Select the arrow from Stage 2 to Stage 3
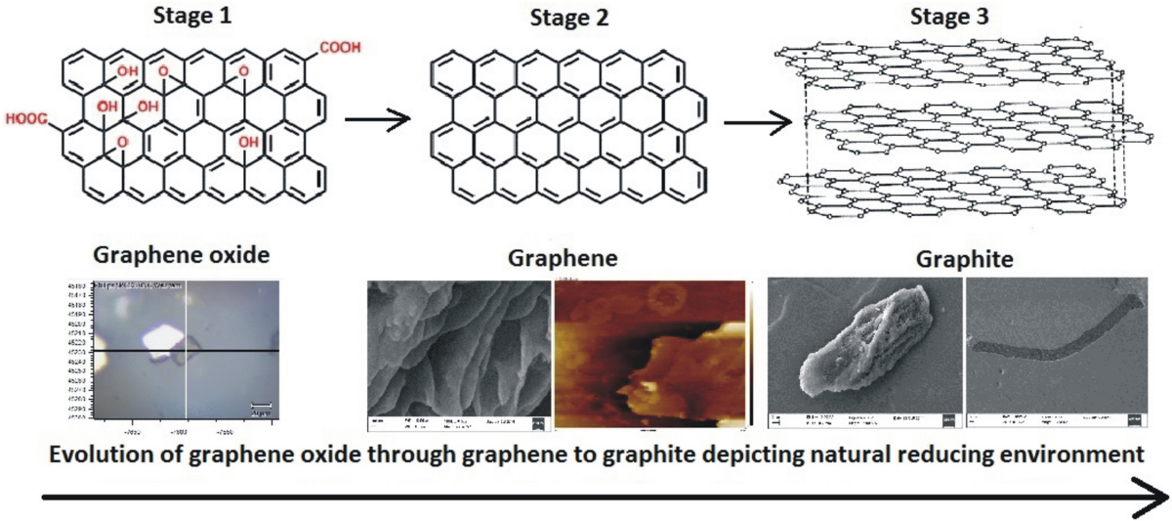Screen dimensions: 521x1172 (757, 122)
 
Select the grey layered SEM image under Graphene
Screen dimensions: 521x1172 (457, 354)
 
